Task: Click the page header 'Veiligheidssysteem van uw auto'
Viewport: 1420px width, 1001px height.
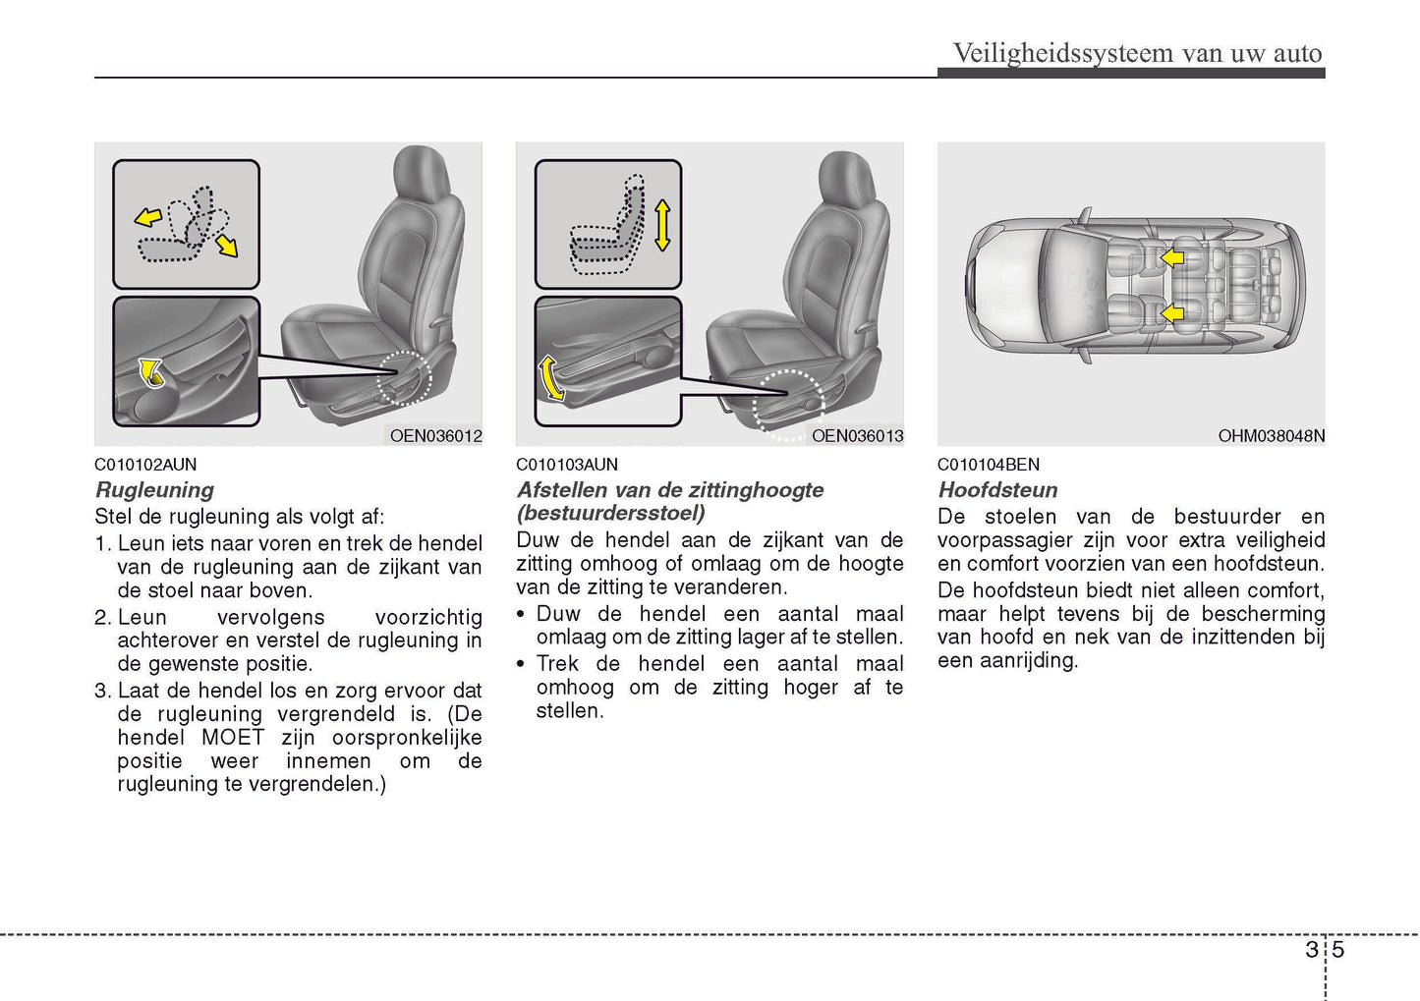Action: (x=1137, y=53)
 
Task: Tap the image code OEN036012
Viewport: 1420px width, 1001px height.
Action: (x=435, y=435)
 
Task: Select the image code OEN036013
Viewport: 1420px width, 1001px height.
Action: (x=857, y=435)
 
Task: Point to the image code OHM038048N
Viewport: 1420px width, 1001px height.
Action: (x=1271, y=435)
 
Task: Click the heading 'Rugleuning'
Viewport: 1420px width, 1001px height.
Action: (x=154, y=489)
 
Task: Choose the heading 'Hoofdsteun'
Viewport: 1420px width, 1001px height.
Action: (x=997, y=489)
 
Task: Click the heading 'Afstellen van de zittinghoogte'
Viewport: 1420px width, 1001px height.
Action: (x=670, y=489)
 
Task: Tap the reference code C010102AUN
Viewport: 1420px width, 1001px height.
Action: (x=145, y=465)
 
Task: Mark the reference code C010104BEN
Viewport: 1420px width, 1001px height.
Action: (x=988, y=465)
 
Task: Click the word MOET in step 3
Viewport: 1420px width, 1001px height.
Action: (x=233, y=737)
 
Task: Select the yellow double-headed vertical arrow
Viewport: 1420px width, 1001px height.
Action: (x=662, y=225)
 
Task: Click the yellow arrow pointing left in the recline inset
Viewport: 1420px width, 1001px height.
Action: (x=148, y=217)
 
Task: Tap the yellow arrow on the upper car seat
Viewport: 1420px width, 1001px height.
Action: (x=1171, y=257)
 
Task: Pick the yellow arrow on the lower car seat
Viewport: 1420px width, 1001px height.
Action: (x=1171, y=313)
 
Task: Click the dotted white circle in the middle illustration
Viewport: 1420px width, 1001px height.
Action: (x=788, y=403)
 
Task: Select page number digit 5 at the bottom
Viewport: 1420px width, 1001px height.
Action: (x=1337, y=949)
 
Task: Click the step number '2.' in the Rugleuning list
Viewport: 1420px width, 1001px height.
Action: (x=103, y=617)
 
